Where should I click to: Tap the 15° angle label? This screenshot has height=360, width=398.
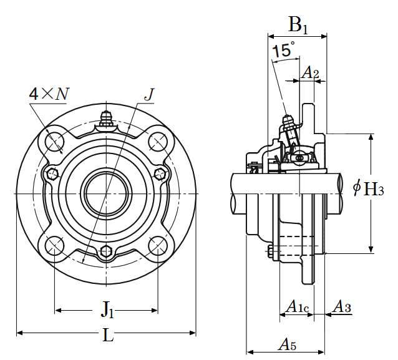pos(283,51)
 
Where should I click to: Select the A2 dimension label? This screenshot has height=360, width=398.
pos(311,74)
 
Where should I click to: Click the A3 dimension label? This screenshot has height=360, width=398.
pos(341,306)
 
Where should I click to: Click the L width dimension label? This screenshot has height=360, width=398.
pos(108,336)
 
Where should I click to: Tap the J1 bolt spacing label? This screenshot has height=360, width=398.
pos(107,308)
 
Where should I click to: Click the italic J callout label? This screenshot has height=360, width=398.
pos(148,94)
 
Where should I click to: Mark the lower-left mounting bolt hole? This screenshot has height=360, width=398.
pos(54,246)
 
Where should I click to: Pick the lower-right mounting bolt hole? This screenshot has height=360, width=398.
pos(158,246)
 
